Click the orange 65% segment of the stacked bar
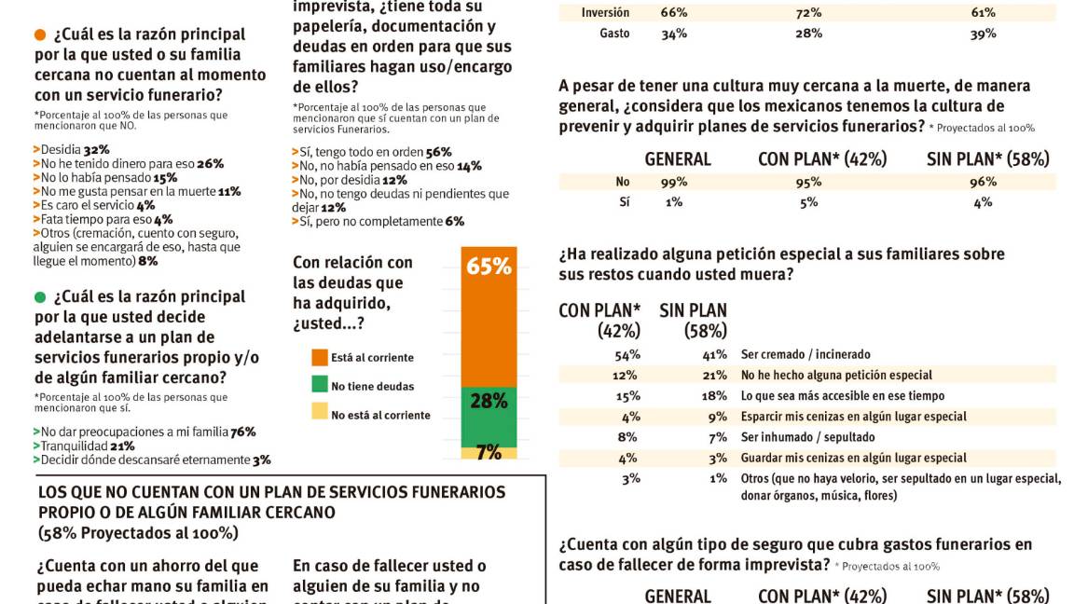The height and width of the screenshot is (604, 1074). (489, 317)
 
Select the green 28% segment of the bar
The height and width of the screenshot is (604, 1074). (489, 416)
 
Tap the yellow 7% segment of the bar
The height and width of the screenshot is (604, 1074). (489, 452)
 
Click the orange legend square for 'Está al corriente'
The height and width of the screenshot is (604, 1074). (320, 357)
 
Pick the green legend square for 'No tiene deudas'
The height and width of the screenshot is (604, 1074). (320, 385)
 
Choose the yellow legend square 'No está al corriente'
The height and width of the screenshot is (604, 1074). (320, 414)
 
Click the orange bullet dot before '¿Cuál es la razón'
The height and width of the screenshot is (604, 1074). (39, 35)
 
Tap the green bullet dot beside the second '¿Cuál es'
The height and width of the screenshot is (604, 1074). (39, 297)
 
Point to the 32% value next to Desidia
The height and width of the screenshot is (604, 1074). (96, 149)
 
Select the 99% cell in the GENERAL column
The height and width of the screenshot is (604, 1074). (674, 183)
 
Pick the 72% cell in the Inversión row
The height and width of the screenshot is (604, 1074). (808, 13)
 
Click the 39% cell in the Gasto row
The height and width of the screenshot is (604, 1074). (983, 34)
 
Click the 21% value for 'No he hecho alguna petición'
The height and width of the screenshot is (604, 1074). (715, 375)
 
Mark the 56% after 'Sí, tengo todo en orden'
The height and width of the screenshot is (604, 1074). (438, 152)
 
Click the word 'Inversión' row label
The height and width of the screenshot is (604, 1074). (605, 13)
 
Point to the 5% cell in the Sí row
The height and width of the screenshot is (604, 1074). (808, 201)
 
